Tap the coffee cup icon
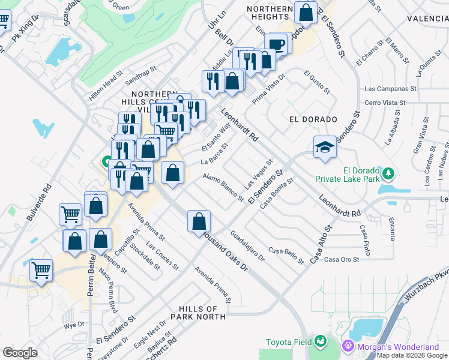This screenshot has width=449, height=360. coord(277,44)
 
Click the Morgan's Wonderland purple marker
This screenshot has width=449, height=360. coord(348,346)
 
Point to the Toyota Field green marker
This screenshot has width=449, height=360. coord(321,341)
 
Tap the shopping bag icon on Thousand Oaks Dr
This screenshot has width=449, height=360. coord(199,221)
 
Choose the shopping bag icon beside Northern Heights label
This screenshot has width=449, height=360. coord(306,12)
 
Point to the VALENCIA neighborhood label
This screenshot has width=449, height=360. coord(427,19)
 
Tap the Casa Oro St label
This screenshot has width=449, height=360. coord(341,259)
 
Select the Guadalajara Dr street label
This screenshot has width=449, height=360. coord(247,247)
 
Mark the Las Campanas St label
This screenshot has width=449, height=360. coord(390,88)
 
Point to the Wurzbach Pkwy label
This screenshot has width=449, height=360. coord(428,277)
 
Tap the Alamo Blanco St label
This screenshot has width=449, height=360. coord(223,187)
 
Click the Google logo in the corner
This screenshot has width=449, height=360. coord(20,353)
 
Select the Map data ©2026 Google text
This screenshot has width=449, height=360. coord(412,355)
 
